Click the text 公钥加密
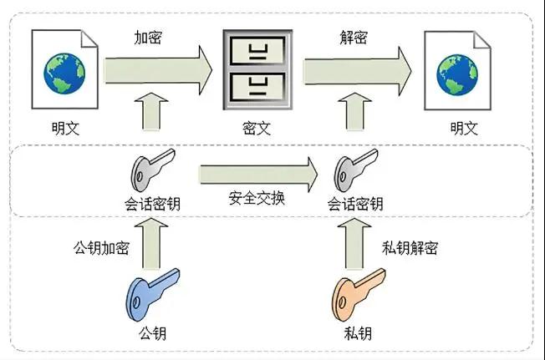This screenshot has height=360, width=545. pyautogui.click(x=101, y=247)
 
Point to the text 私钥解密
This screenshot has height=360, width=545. pyautogui.click(x=410, y=247)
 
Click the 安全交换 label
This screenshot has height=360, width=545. pyautogui.click(x=257, y=200)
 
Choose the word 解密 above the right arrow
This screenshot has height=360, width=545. pyautogui.click(x=354, y=38)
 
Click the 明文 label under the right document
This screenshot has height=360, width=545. pyautogui.click(x=464, y=129)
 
